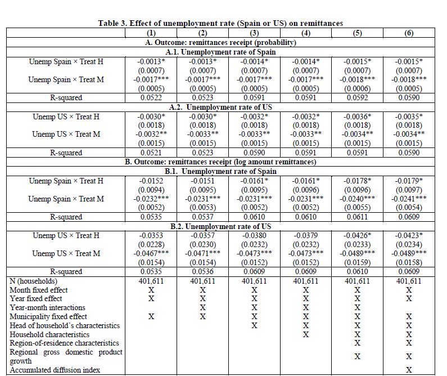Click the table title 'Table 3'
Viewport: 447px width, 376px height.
pyautogui.click(x=220, y=23)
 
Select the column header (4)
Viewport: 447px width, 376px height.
pyautogui.click(x=306, y=33)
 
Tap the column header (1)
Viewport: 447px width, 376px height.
pyautogui.click(x=151, y=33)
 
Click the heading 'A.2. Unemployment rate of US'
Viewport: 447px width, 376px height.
pyautogui.click(x=220, y=107)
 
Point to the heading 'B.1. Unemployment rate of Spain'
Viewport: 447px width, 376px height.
pyautogui.click(x=220, y=171)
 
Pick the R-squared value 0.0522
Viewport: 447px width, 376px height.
pyautogui.click(x=151, y=98)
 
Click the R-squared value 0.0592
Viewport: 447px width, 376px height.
pyautogui.click(x=357, y=98)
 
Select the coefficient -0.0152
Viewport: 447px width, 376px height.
pyautogui.click(x=151, y=181)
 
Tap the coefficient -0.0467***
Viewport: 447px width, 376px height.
pyautogui.click(x=151, y=253)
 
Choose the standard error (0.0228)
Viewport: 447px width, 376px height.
pyautogui.click(x=151, y=244)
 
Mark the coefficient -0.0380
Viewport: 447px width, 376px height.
pyautogui.click(x=254, y=235)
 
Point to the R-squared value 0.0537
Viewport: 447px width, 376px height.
pyautogui.click(x=202, y=217)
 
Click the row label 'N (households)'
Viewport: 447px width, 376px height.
pyautogui.click(x=34, y=281)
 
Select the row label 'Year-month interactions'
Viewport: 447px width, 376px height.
pyautogui.click(x=48, y=307)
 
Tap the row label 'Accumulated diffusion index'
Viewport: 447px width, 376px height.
pyautogui.click(x=55, y=370)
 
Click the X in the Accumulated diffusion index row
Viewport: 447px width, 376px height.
pyautogui.click(x=409, y=370)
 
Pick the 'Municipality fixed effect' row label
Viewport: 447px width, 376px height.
pyautogui.click(x=48, y=316)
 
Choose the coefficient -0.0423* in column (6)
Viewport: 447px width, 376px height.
pyautogui.click(x=409, y=235)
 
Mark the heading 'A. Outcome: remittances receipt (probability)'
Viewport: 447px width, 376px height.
pyautogui.click(x=220, y=42)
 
